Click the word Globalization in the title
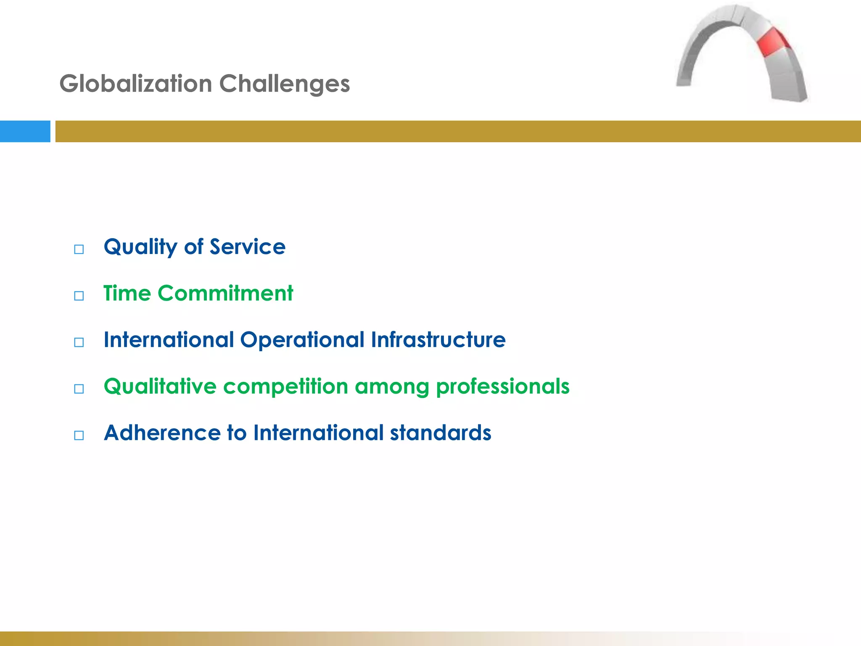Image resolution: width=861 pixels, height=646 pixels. point(136,83)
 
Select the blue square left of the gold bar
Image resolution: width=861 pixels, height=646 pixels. point(25,131)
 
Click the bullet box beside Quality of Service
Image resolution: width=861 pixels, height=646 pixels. point(79,249)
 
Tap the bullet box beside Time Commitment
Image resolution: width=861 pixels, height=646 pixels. point(79,296)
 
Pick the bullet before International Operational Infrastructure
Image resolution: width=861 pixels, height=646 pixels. point(79,342)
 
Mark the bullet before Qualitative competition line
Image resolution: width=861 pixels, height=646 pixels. point(79,389)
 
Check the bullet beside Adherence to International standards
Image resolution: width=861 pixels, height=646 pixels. point(79,435)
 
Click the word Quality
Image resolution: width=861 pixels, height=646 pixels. point(141,247)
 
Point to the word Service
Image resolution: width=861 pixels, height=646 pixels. point(248,246)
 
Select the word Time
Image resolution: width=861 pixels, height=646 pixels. point(127,293)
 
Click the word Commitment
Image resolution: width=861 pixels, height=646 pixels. point(225,293)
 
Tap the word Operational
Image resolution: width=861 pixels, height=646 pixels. point(302,340)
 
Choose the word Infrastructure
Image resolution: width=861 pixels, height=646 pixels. point(438,339)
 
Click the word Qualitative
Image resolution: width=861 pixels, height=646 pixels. point(160,387)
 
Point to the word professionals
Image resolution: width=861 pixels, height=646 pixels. point(503,387)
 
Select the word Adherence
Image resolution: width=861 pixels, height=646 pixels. point(162,433)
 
